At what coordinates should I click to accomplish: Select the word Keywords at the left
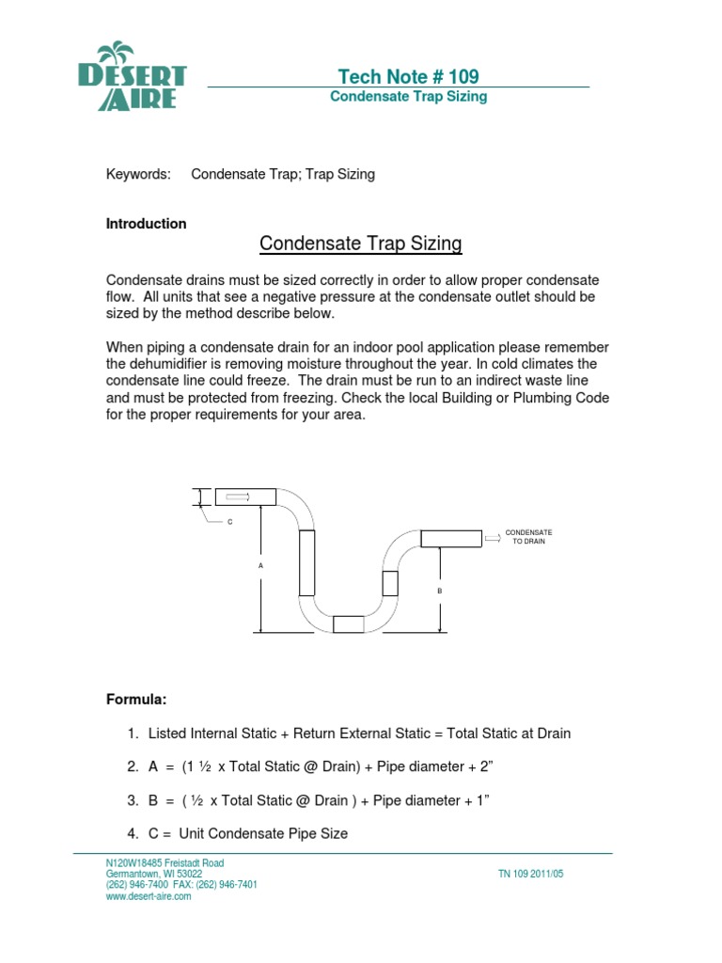pos(138,174)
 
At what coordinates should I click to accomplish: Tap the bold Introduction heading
pos(146,224)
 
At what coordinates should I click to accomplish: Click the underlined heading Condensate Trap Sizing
pos(360,245)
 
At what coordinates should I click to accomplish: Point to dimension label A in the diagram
pos(260,565)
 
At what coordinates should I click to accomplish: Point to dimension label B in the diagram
pos(439,591)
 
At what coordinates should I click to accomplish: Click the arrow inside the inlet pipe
pos(239,497)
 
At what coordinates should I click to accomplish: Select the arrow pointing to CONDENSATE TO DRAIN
pos(493,538)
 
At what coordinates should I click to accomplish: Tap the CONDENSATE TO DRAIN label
pos(528,537)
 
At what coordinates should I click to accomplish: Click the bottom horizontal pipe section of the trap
pos(348,624)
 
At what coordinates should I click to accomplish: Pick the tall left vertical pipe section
pos(306,562)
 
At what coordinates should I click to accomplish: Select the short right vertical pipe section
pos(390,583)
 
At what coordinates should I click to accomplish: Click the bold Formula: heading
pos(136,700)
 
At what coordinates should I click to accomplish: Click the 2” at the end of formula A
pos(485,767)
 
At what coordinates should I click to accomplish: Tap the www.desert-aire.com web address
pos(149,896)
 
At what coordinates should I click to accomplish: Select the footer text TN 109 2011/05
pos(530,874)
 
